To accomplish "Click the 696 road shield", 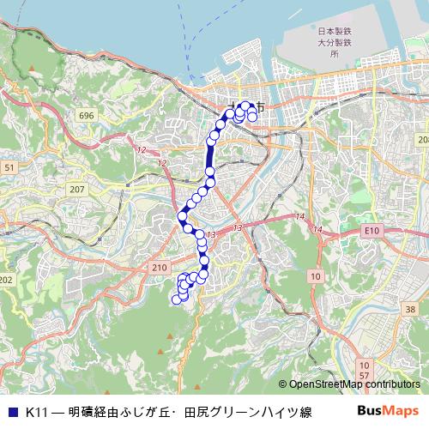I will [x=84, y=114].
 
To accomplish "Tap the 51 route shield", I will [x=9, y=168].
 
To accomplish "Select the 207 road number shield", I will [x=77, y=189].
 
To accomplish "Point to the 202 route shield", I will [x=7, y=280].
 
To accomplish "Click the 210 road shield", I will [x=160, y=268].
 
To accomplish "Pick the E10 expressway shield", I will [x=372, y=231].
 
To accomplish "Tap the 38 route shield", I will [x=412, y=309].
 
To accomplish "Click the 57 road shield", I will [x=365, y=376].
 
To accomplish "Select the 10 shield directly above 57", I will [x=365, y=365].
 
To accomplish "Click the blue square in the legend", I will [x=12, y=412].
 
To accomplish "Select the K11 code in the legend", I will [x=35, y=412].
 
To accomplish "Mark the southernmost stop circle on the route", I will [x=177, y=299].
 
